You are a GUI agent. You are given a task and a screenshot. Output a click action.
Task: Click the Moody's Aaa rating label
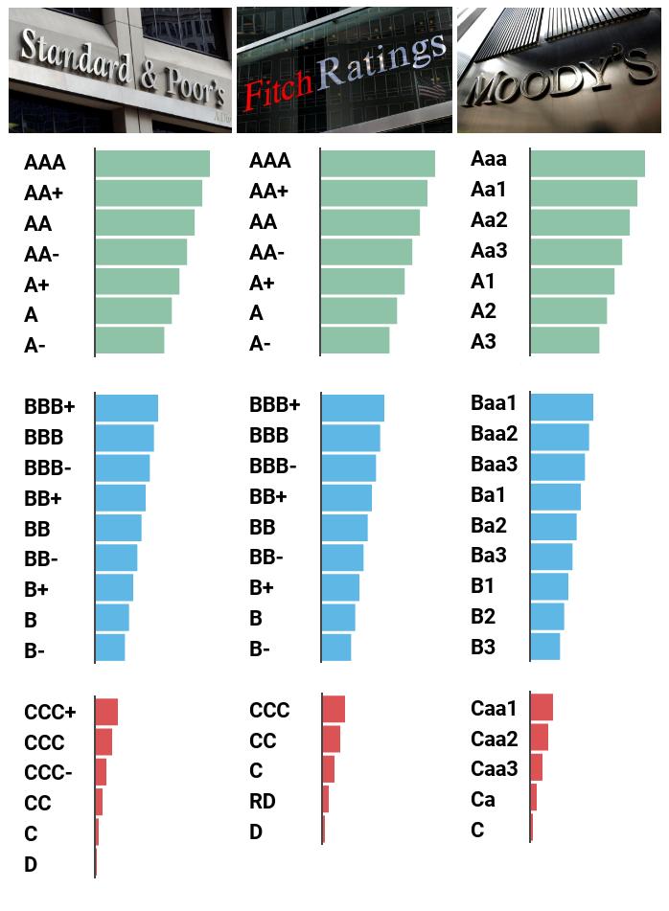(489, 160)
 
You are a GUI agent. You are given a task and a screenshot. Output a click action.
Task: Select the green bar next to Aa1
(583, 194)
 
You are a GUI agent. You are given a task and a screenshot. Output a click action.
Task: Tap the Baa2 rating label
(494, 434)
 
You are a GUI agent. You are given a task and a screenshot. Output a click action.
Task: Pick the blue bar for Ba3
(551, 557)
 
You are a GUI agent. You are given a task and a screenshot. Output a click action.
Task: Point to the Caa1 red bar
(542, 708)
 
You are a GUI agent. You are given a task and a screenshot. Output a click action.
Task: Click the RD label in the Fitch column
(263, 801)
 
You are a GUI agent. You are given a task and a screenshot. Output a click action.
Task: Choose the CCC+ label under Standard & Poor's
(50, 713)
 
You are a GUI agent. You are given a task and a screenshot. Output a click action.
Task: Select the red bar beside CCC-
(101, 772)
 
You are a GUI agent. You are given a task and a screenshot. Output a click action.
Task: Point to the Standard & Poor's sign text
(120, 67)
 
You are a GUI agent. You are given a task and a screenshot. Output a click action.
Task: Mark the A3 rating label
(483, 341)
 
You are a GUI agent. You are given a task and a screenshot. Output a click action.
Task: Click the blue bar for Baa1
(562, 407)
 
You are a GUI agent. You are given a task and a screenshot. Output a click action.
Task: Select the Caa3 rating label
(494, 768)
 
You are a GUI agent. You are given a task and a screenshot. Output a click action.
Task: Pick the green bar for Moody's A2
(568, 311)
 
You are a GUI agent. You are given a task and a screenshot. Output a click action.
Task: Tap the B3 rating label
(483, 647)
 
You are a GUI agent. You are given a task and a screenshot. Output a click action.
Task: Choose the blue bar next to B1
(549, 586)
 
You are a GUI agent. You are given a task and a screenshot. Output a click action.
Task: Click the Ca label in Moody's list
(483, 799)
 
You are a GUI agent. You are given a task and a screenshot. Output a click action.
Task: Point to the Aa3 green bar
(575, 252)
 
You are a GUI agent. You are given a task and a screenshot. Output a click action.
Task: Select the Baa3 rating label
(494, 465)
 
